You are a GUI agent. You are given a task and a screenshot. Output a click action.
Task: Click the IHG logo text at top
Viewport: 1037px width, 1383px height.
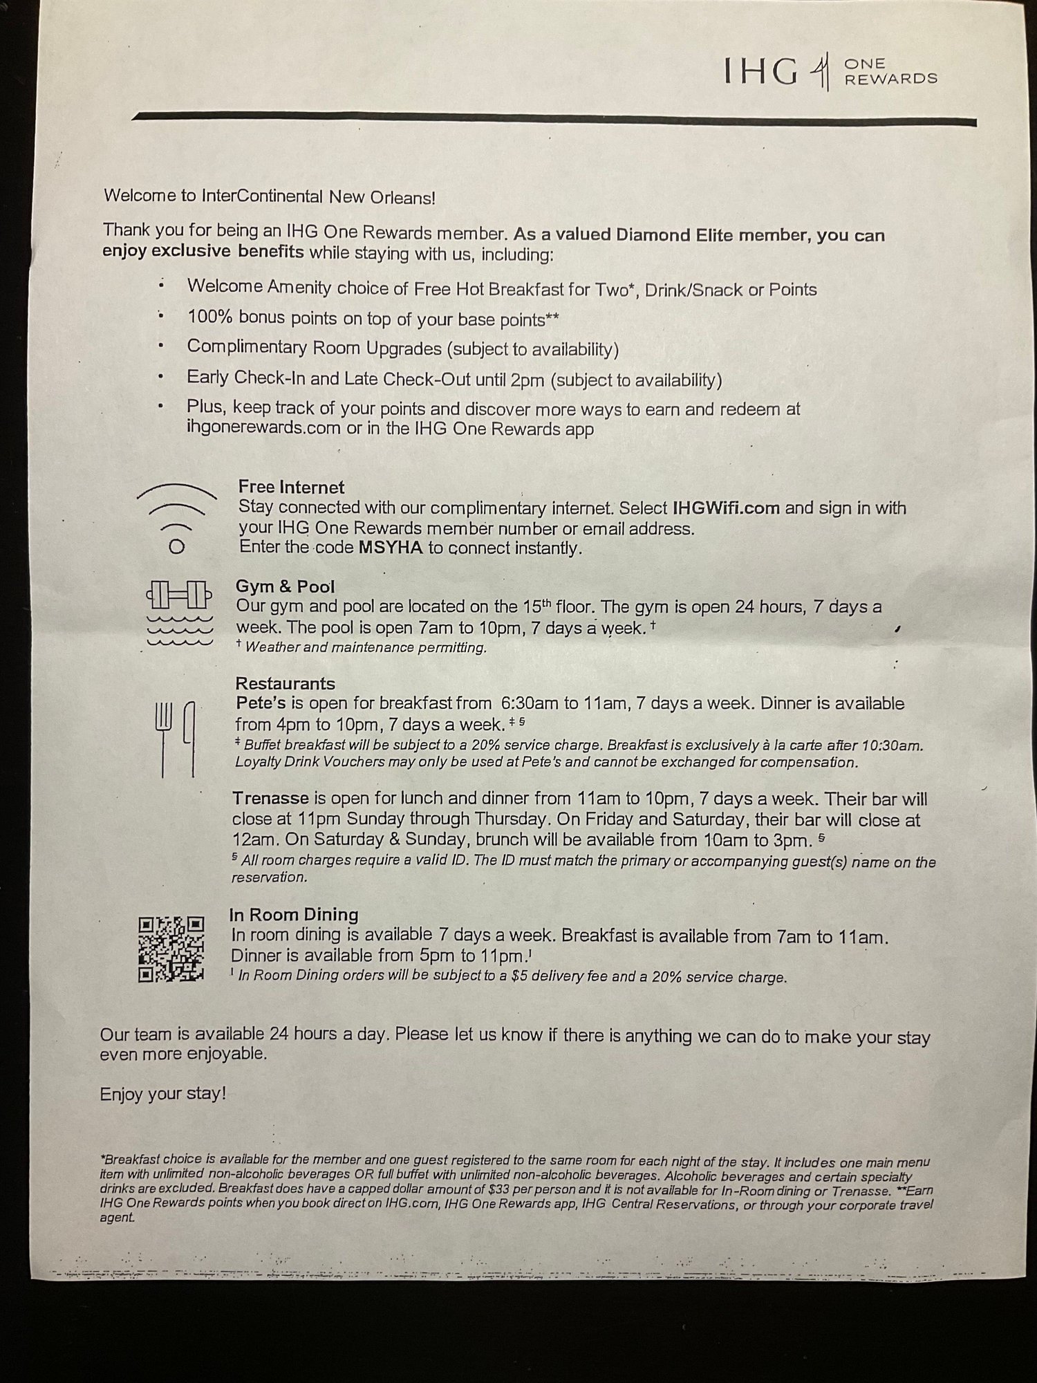pyautogui.click(x=760, y=71)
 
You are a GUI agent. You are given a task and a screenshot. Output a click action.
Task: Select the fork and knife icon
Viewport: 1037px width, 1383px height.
pyautogui.click(x=175, y=738)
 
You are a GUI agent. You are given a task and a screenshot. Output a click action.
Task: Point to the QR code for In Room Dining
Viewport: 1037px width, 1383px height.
pyautogui.click(x=171, y=948)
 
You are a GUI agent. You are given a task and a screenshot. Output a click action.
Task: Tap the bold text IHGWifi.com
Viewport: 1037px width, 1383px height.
pyautogui.click(x=725, y=508)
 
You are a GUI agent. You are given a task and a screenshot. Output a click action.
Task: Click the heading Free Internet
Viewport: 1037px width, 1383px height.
pyautogui.click(x=291, y=488)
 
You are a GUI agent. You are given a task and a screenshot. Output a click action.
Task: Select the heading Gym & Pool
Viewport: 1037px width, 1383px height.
pyautogui.click(x=285, y=587)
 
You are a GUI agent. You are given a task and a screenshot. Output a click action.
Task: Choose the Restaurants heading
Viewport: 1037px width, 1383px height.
pyautogui.click(x=285, y=684)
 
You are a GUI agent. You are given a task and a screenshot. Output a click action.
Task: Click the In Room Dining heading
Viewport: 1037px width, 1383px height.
pyautogui.click(x=294, y=915)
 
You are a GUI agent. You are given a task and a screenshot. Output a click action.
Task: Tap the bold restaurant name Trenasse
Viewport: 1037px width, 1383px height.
pyautogui.click(x=270, y=799)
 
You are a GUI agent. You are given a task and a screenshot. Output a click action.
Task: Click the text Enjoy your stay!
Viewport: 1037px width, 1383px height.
pyautogui.click(x=162, y=1095)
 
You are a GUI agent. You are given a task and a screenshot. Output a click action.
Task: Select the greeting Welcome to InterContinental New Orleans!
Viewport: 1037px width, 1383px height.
pyautogui.click(x=270, y=196)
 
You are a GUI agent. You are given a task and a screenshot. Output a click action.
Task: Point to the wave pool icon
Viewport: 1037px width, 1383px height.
pyautogui.click(x=179, y=629)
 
